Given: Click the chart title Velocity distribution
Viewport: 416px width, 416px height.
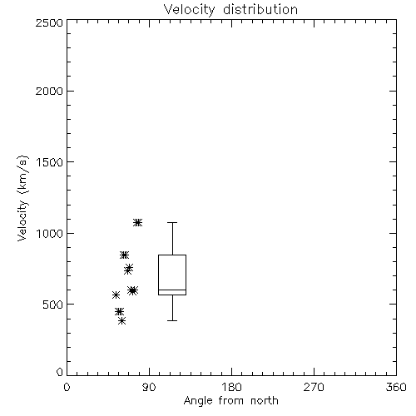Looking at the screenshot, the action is pos(230,10).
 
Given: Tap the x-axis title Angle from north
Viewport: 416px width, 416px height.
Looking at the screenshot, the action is pos(231,401).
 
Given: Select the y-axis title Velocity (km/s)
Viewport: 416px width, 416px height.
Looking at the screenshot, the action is pos(22,198).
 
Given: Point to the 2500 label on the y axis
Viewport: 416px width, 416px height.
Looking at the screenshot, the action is pos(49,22).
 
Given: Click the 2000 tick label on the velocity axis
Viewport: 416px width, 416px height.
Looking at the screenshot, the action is pos(49,91).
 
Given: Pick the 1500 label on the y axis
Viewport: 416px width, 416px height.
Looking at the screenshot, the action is pos(50,162).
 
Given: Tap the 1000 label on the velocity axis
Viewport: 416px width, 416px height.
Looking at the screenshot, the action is pos(50,234).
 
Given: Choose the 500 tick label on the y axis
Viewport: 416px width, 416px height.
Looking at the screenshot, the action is pos(53,305).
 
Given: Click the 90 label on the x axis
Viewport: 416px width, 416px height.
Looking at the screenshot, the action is pos(149,387).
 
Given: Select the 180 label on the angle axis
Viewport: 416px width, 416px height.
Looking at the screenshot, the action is pos(231,387).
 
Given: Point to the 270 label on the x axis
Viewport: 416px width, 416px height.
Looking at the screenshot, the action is pos(314,387).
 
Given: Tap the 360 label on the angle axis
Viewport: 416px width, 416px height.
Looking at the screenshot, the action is pos(396,387).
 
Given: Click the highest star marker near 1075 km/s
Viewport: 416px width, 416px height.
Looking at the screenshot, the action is pos(137,222).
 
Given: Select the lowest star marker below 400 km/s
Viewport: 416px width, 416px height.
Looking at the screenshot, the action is pos(121,321).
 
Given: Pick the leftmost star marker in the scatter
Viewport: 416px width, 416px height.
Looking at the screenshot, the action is pos(116,295).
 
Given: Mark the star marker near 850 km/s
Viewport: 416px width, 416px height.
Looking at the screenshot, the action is pos(124,255).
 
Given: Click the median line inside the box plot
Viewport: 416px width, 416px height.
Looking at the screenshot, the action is pos(172,290).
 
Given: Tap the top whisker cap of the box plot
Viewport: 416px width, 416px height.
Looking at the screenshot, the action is pos(172,222).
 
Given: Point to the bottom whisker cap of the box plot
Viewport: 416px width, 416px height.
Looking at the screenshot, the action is pos(172,320).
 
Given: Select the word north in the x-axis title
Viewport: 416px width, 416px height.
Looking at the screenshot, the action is pos(265,401).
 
